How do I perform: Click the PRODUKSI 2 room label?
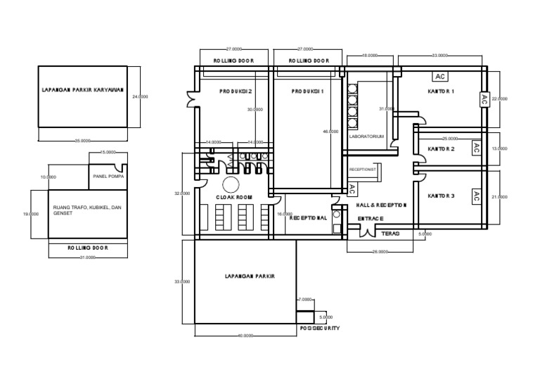tap(235, 91)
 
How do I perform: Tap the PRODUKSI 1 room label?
tap(307, 91)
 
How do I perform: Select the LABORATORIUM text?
tap(366, 136)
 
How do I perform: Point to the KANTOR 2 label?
tap(441, 149)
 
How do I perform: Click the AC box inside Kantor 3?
tap(475, 196)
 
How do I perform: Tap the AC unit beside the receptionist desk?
tap(352, 189)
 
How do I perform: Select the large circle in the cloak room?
tap(231, 185)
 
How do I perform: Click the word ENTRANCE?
tap(371, 219)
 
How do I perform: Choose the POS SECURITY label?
tap(320, 329)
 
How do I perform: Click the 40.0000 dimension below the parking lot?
tap(245, 336)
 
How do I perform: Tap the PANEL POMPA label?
tap(108, 177)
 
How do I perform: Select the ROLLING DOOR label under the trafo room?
tap(87, 248)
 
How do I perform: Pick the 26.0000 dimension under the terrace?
tap(380, 251)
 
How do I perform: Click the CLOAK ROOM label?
tap(233, 198)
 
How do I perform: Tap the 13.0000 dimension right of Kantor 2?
tap(499, 148)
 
